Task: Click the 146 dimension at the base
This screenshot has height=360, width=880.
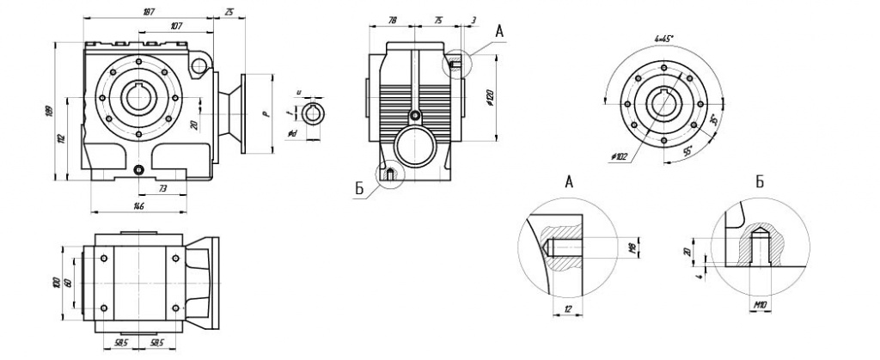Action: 138,206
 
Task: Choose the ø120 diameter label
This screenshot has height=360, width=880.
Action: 488,97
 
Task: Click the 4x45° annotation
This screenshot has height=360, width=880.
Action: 663,39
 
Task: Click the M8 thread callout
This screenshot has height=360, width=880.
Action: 632,249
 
